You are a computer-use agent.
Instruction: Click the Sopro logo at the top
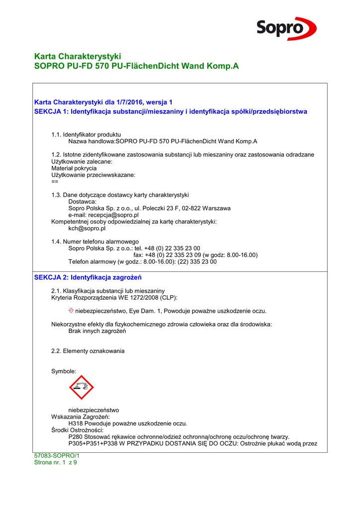click(x=286, y=28)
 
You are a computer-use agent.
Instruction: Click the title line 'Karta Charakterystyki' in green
click(x=78, y=56)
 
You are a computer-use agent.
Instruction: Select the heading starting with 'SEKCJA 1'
click(x=170, y=111)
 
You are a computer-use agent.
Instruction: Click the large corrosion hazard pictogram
click(x=82, y=387)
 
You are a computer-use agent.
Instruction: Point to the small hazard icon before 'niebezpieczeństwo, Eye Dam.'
click(x=71, y=310)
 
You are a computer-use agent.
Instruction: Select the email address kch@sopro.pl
click(x=87, y=229)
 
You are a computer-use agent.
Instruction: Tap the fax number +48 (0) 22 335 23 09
click(x=174, y=255)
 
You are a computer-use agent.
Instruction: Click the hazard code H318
click(x=76, y=424)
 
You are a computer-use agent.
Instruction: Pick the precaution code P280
click(x=76, y=437)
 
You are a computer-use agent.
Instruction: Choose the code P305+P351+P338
click(x=96, y=443)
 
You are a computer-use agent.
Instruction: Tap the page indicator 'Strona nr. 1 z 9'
click(x=55, y=462)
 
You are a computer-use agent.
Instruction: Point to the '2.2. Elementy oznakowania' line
click(x=88, y=351)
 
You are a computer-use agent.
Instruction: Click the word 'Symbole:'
click(x=64, y=371)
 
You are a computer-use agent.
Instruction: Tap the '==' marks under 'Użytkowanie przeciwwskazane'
click(x=55, y=181)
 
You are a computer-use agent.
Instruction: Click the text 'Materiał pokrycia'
click(x=74, y=168)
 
